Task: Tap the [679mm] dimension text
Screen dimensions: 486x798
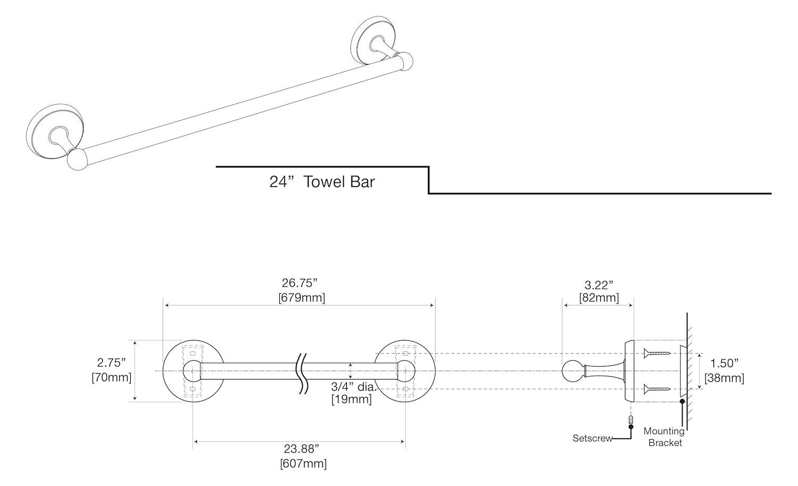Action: [301, 298]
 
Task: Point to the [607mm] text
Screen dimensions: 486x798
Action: [303, 464]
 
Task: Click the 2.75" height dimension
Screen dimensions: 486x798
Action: [111, 363]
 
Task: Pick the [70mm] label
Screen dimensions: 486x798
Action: [111, 378]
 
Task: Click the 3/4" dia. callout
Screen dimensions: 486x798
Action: [353, 387]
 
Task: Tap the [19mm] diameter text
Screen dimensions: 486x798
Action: [351, 399]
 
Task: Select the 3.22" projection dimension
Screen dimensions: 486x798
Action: [599, 286]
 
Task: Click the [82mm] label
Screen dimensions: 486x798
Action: [599, 298]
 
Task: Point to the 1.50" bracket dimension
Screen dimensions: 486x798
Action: [725, 363]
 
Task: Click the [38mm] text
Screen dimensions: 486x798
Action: [724, 378]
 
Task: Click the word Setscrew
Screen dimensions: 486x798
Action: [592, 439]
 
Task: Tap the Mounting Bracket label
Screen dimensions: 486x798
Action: [664, 437]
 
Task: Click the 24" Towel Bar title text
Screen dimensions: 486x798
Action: [322, 182]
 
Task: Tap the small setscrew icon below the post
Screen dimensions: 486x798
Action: [631, 422]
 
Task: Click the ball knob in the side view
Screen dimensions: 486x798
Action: [572, 371]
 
